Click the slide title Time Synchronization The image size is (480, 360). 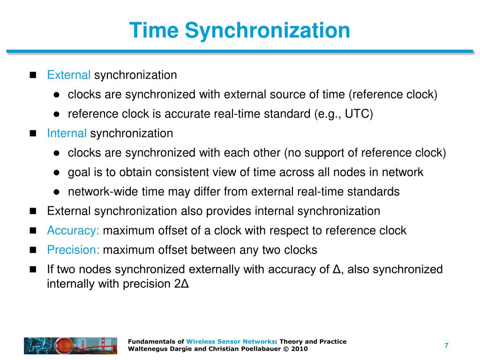[240, 30]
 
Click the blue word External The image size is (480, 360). [69, 75]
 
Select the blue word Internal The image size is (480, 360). [67, 133]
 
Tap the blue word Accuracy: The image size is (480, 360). [73, 231]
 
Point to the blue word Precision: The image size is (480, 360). [73, 250]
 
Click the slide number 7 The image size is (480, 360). [446, 345]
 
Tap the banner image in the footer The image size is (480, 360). [70, 345]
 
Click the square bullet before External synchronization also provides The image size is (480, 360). [33, 211]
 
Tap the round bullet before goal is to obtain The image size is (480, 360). [55, 172]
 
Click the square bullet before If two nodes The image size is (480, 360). [33, 270]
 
